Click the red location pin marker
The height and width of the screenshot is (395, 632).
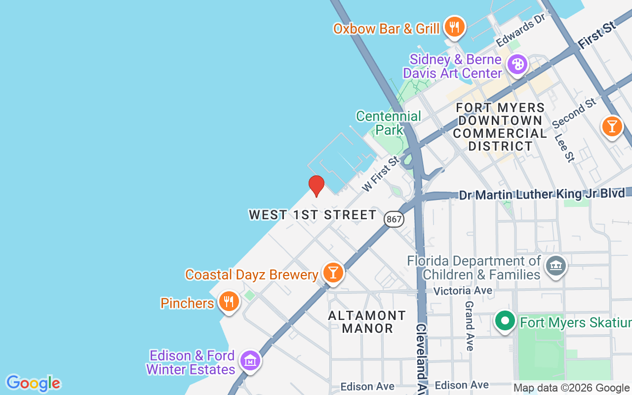point(316,186)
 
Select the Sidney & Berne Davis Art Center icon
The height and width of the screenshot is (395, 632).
point(517,65)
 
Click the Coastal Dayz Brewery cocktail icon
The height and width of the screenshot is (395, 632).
point(333,273)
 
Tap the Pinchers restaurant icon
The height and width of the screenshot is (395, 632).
point(228,301)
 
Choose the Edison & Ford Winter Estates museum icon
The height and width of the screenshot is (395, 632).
point(250,361)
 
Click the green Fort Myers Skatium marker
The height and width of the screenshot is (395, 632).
point(505,321)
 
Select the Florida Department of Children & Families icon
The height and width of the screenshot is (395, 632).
point(555,266)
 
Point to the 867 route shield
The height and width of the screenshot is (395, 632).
point(394,219)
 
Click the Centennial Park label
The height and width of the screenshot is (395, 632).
point(389,123)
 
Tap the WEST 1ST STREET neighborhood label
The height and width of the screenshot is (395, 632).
point(313,215)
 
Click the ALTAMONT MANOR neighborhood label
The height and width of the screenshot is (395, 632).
point(367,321)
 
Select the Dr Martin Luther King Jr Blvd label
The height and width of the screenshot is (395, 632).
point(542,194)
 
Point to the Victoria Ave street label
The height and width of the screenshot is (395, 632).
point(463,290)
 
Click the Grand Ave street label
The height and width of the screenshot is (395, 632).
point(469,326)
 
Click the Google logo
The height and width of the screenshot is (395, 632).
point(33,383)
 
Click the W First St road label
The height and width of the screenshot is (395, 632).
point(380,174)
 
